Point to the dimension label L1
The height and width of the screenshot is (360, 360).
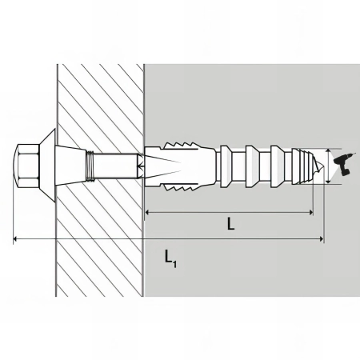pyautogui.click(x=170, y=258)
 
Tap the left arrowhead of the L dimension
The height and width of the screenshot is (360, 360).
pyautogui.click(x=148, y=212)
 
